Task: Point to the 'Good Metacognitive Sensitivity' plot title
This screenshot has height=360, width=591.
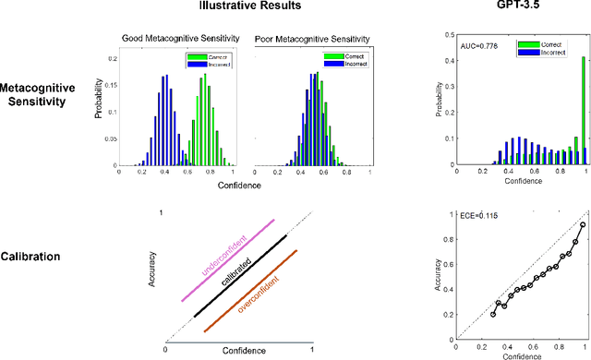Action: tap(179, 40)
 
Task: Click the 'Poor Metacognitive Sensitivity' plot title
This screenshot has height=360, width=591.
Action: tap(311, 40)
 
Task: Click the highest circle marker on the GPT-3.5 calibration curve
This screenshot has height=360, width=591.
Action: tap(582, 224)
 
